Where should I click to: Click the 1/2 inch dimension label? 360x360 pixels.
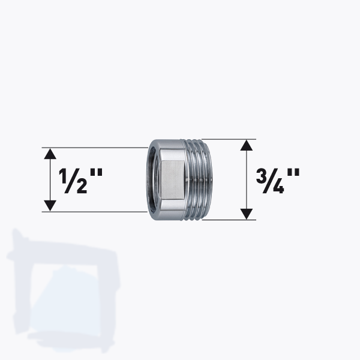click(x=80, y=179)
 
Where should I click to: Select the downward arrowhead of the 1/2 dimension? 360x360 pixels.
click(x=51, y=205)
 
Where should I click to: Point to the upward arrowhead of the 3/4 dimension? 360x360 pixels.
click(x=245, y=146)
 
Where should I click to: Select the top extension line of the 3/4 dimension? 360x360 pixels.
click(x=231, y=140)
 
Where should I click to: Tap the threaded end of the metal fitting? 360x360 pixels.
click(x=203, y=179)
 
